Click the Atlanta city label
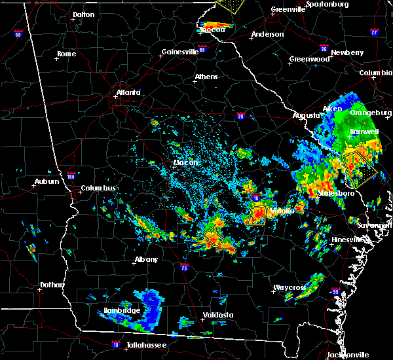pos(129,92)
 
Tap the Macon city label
pos(185,163)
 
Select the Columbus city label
pos(99,189)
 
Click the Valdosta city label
pos(217,315)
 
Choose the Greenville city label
pos(288,10)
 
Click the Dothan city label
pos(52,285)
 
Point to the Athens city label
pos(206,77)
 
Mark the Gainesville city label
pos(179,52)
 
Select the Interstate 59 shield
pos(18,33)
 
